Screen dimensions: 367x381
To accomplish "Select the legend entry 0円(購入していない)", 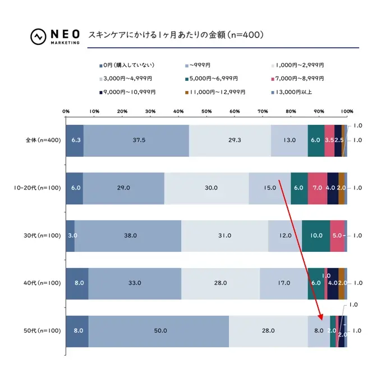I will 126,65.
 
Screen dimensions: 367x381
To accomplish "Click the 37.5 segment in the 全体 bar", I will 136,140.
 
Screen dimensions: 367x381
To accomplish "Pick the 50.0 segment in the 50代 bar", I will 159,330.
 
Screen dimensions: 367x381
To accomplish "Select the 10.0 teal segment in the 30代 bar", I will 316,235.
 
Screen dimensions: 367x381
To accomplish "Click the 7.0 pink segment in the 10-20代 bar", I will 317,188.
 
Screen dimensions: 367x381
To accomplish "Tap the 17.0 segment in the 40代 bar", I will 283,283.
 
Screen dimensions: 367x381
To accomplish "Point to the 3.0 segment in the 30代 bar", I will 70,235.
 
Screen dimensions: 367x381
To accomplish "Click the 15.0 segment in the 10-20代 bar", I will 269,188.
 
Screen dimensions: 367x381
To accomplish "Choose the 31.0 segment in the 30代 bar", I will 224,235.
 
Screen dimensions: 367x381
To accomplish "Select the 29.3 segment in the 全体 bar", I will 230,140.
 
